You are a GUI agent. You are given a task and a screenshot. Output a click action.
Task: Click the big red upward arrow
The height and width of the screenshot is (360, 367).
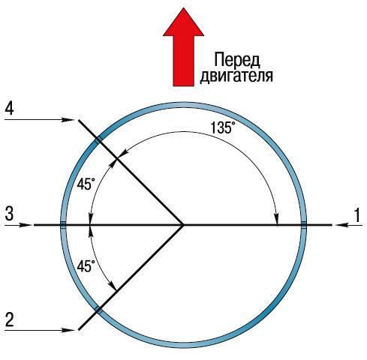pos(183,47)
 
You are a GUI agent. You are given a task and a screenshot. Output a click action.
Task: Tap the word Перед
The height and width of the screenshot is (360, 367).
pos(237,60)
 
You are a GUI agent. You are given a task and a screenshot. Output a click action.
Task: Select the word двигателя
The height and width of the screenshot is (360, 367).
pos(236,76)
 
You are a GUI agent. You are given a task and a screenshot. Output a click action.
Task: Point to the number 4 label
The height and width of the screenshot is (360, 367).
pos(9,108)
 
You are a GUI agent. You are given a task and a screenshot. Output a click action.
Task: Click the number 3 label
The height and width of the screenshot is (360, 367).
pos(9,214)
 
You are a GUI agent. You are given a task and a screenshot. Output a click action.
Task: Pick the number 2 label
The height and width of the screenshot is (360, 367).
pos(9,319)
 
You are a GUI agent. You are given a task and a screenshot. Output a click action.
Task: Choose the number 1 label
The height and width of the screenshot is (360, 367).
pos(357,215)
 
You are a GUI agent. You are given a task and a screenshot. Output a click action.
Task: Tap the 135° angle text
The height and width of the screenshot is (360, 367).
pos(223,127)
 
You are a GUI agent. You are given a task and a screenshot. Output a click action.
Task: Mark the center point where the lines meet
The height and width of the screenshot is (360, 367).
pos(183,225)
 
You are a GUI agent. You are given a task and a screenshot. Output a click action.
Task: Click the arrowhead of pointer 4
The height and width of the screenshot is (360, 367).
pos(70,120)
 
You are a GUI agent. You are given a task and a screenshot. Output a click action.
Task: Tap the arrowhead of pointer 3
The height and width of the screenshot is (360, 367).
pos(27,225)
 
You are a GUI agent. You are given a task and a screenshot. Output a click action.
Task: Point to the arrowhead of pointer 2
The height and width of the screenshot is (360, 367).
pos(70,330)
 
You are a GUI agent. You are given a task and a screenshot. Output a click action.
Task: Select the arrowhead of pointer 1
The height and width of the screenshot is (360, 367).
pos(341,225)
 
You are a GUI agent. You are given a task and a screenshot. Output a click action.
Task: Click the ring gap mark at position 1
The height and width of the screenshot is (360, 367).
pos(304,225)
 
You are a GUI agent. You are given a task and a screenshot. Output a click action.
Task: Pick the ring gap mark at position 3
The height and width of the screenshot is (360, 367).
pos(63,225)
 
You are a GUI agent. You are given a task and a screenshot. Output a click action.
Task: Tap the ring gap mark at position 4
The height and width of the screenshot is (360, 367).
pos(98,139)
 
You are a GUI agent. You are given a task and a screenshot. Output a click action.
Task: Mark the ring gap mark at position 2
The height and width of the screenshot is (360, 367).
pos(98,310)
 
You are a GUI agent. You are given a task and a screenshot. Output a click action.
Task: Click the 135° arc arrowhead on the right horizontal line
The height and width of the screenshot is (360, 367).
pos(277,219)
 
